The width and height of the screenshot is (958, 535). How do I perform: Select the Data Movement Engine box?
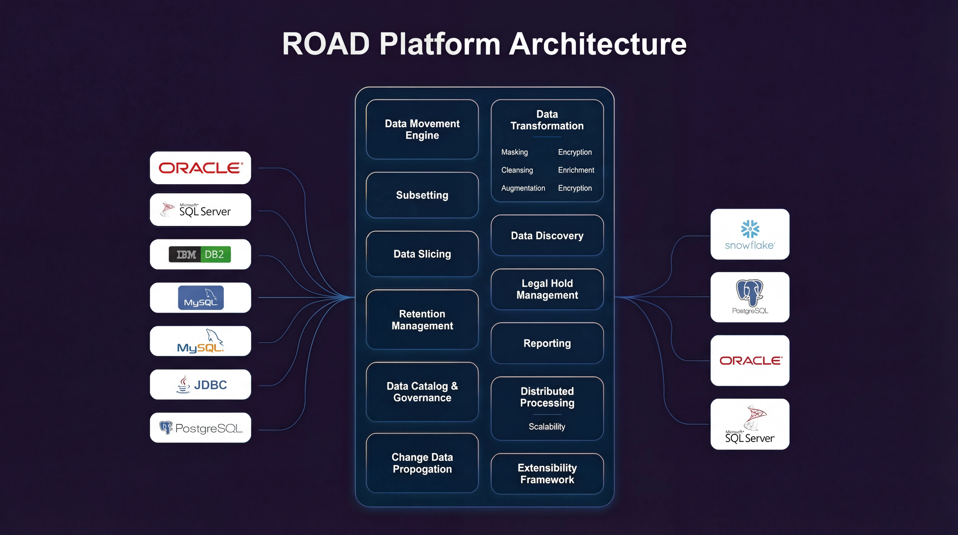point(422,129)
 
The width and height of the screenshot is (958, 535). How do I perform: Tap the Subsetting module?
point(422,195)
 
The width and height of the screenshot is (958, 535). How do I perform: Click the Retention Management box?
point(422,320)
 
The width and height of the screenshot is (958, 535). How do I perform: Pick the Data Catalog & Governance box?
point(422,392)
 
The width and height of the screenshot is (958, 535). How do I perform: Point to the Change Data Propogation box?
point(422,463)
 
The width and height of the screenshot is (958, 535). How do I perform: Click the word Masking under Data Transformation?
point(514,152)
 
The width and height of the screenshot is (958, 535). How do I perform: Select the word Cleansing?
point(517,170)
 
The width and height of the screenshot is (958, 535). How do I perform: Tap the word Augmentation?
point(523,188)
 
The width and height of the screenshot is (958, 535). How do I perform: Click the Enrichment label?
point(576,170)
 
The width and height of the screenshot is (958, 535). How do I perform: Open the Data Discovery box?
point(547,235)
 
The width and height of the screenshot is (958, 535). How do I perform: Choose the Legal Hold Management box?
point(547,289)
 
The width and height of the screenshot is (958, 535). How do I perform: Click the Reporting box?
point(547,343)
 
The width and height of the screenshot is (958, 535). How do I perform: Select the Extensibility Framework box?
point(547,474)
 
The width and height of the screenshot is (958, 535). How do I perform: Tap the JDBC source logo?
point(201,385)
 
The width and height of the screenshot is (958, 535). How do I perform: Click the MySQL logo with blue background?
point(201,298)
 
